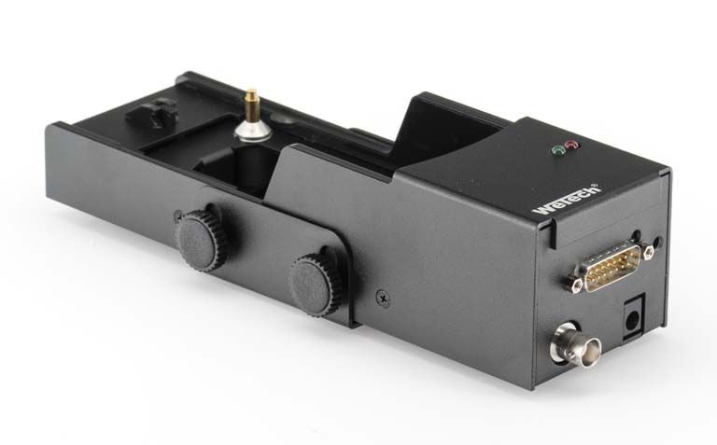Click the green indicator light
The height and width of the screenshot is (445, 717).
click(x=557, y=150)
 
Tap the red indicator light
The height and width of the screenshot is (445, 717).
click(x=571, y=145)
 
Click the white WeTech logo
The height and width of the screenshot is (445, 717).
click(x=566, y=200)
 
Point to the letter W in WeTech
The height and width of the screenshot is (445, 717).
click(x=542, y=209)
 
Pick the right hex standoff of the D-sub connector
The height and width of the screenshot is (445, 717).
click(x=648, y=252)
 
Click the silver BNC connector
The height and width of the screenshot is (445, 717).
click(x=575, y=345)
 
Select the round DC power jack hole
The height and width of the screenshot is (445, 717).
click(x=631, y=319)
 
